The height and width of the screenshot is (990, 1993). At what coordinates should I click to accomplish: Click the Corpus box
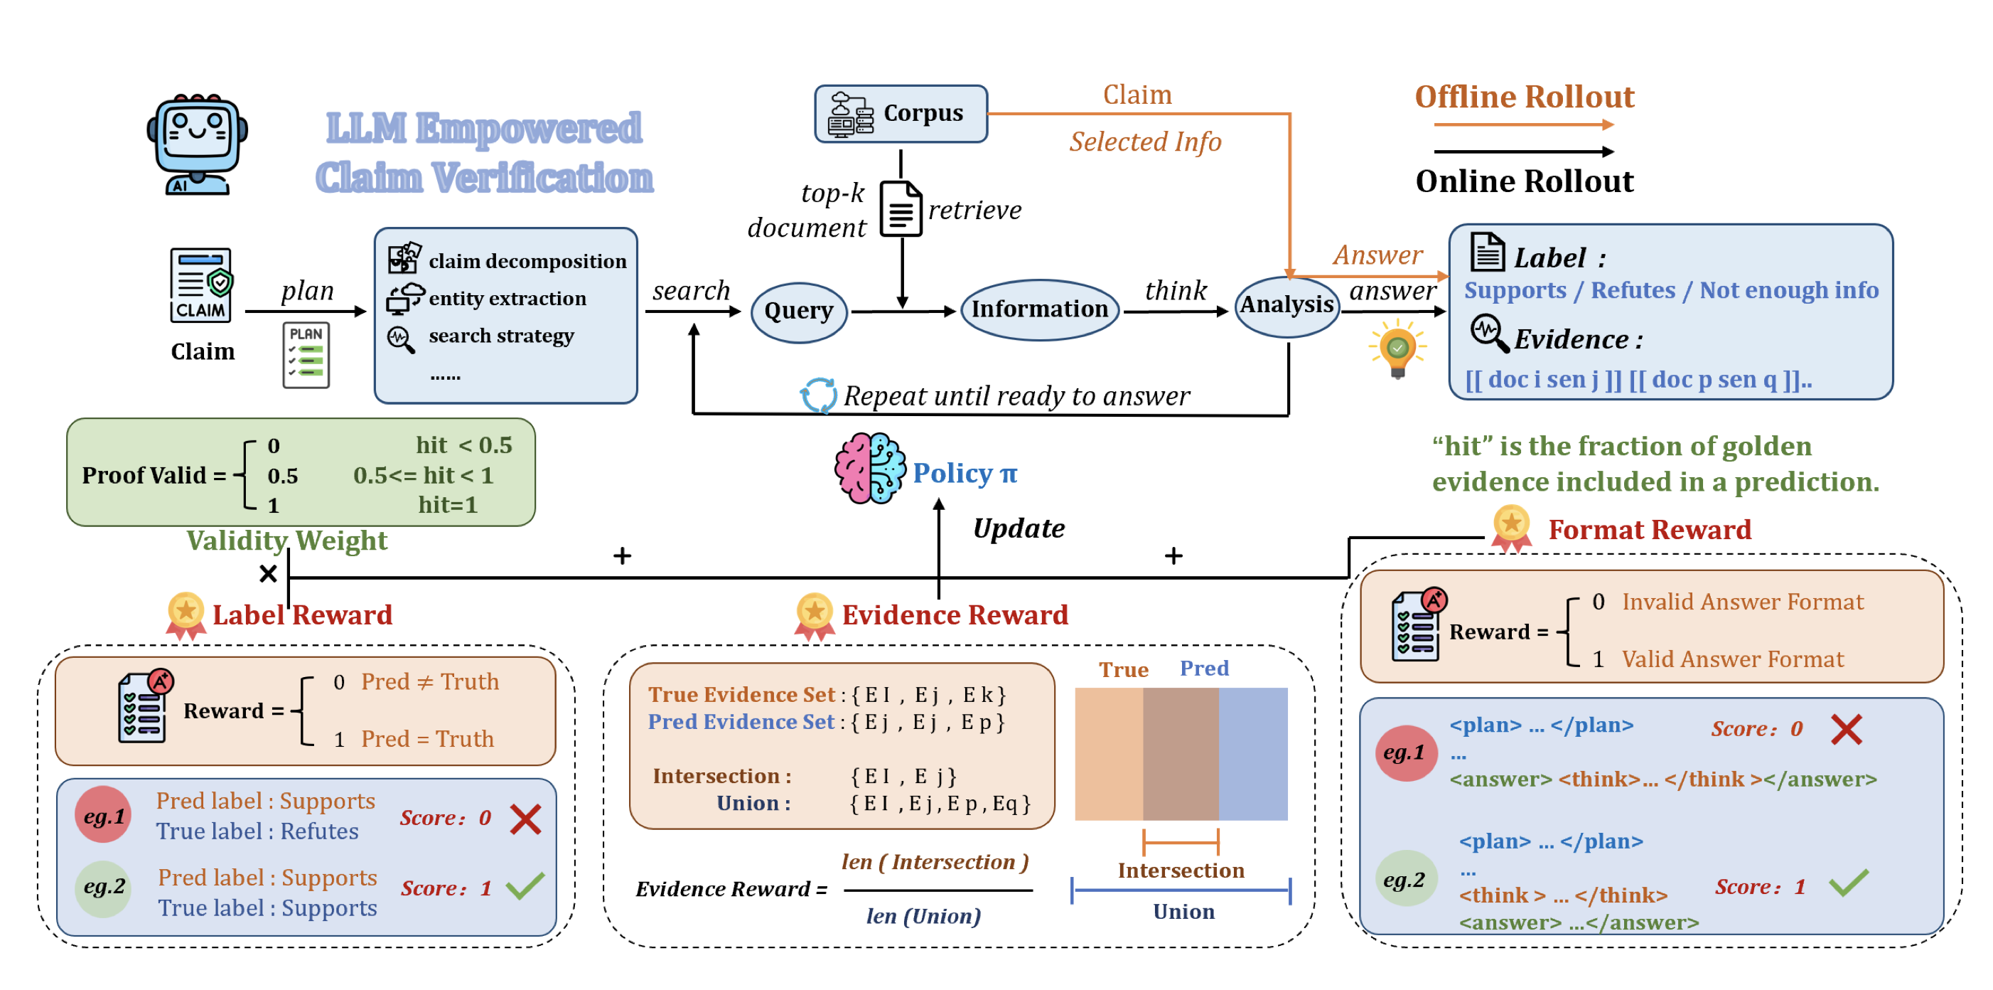[x=901, y=114]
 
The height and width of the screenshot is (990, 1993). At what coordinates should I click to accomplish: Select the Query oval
[x=798, y=312]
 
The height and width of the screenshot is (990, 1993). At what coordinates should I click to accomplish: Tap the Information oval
[x=1039, y=309]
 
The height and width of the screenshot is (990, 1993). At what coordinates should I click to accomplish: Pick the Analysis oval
[x=1286, y=306]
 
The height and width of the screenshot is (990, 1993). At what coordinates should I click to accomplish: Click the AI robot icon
[x=198, y=145]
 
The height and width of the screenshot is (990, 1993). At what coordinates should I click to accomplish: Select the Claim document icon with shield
[x=201, y=285]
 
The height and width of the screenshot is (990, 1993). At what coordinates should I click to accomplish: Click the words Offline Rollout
[x=1524, y=97]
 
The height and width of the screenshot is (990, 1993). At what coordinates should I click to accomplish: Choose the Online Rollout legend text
[x=1524, y=182]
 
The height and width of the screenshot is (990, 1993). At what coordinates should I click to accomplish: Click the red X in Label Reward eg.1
[x=525, y=819]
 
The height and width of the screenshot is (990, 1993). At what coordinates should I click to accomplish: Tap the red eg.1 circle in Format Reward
[x=1404, y=752]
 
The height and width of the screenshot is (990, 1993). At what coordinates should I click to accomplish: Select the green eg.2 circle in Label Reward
[x=104, y=887]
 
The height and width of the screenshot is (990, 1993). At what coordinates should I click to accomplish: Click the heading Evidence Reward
[x=955, y=615]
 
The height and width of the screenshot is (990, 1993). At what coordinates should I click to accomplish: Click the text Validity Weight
[x=286, y=541]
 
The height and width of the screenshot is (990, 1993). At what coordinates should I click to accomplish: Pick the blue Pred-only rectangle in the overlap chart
[x=1252, y=754]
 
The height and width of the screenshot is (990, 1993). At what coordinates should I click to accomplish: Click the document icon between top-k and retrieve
[x=901, y=209]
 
